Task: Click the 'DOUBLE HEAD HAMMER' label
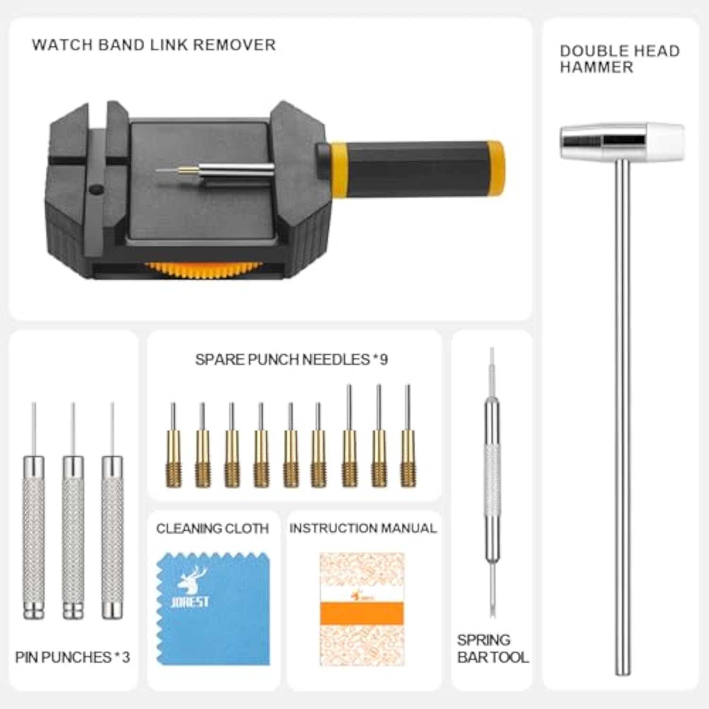pos(619,59)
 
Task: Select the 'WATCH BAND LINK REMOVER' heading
pos(154,45)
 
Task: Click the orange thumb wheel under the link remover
pos(203,268)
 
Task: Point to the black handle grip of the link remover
pos(416,168)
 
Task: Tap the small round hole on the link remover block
pos(96,190)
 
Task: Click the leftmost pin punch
pos(34,534)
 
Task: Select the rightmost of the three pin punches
pos(112,534)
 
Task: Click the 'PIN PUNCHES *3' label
pos(72,657)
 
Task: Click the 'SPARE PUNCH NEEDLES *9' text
pos(291,360)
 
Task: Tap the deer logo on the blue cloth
pos(192,579)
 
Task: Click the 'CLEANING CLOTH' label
pos(212,528)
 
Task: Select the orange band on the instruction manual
pos(362,614)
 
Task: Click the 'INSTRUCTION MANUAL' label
pos(363,528)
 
